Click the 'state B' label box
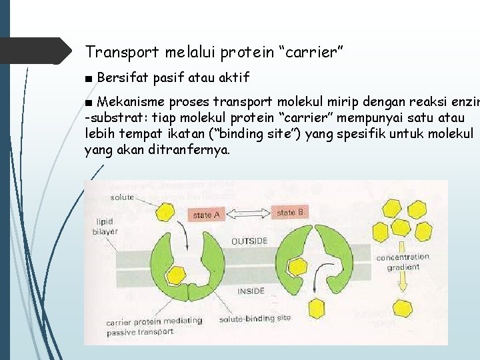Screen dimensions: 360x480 click(291, 213)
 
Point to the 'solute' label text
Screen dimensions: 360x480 click(122, 197)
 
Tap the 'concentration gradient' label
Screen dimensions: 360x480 click(403, 261)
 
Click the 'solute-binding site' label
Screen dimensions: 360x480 click(255, 318)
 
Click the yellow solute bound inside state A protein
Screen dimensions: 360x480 click(177, 274)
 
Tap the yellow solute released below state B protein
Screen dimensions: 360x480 click(317, 307)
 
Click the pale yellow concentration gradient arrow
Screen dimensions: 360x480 click(403, 284)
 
